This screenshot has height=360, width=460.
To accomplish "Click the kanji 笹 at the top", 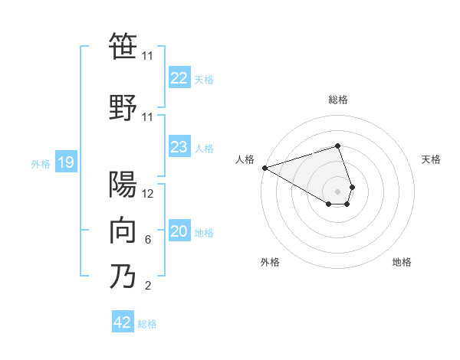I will [123, 47].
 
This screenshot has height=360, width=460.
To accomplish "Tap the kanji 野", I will [123, 107].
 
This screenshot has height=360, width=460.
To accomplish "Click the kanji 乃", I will [123, 277].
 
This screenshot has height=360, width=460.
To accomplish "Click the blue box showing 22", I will [179, 78].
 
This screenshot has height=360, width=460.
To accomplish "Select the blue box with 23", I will [179, 148].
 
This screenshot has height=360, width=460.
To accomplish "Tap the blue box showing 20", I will [179, 232].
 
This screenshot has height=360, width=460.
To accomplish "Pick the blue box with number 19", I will [65, 162].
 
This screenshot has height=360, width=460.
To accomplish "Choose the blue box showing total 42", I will [123, 322].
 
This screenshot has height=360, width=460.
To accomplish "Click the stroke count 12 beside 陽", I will [148, 194].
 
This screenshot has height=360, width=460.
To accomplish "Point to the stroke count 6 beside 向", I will [148, 240].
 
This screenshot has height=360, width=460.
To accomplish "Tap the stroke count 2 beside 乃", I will [148, 286].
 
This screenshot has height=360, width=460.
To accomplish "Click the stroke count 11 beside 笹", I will [148, 56].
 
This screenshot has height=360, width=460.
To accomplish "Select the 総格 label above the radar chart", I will [338, 100].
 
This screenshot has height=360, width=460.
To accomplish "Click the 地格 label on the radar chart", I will [402, 263].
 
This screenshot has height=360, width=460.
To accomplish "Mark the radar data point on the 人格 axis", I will [264, 168].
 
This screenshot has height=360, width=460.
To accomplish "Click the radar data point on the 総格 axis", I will [338, 146].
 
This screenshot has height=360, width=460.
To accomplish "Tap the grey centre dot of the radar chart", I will [338, 191].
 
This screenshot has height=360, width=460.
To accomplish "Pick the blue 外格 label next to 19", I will [41, 163].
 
